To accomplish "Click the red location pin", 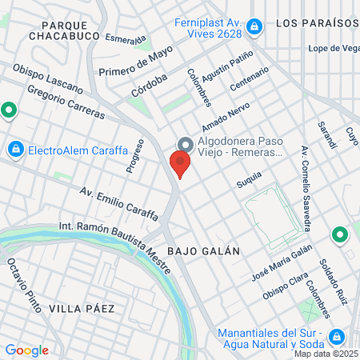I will (x=180, y=165).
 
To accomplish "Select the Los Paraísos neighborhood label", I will (x=318, y=23).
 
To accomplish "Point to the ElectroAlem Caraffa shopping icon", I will (x=15, y=149).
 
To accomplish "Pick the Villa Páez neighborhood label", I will (x=81, y=308).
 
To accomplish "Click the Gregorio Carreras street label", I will (x=66, y=102).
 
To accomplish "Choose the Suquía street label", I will (x=249, y=183).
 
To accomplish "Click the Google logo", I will (x=26, y=350).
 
